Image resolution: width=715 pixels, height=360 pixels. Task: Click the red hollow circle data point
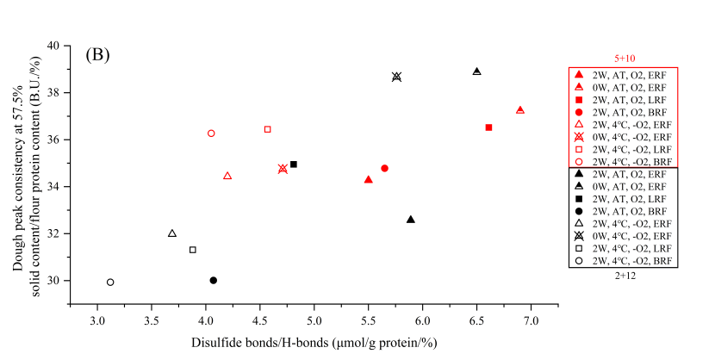tap(211, 133)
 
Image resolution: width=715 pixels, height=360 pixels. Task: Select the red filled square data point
tap(488, 127)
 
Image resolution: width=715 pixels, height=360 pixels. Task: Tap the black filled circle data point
tap(214, 280)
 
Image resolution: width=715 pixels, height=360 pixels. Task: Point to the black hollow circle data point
tap(110, 282)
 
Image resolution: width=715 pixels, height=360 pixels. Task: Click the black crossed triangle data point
tap(396, 77)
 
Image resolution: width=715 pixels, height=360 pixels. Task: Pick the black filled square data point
tap(294, 164)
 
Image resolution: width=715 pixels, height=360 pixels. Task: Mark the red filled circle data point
tap(384, 168)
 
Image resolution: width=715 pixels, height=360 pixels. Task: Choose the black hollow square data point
tap(193, 250)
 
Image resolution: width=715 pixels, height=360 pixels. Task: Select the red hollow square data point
tap(267, 129)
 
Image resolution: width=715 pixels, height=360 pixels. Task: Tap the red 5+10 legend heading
tap(624, 59)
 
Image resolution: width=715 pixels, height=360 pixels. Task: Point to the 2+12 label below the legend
tap(624, 275)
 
